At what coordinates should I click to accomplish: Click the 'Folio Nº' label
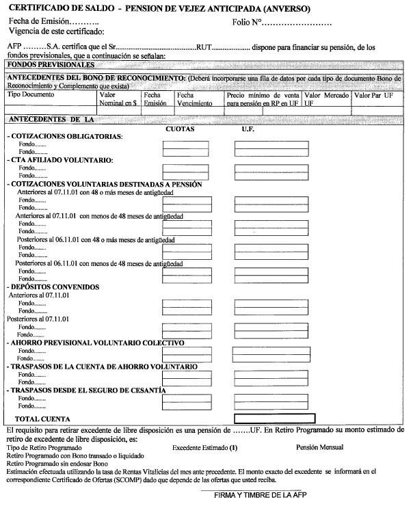(248, 23)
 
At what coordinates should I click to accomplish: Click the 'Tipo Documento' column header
(31, 96)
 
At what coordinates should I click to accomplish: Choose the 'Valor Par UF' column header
(374, 96)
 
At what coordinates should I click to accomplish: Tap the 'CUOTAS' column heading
(181, 129)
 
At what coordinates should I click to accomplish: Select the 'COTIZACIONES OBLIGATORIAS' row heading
(65, 137)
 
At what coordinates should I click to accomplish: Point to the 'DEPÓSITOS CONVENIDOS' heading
(55, 287)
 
